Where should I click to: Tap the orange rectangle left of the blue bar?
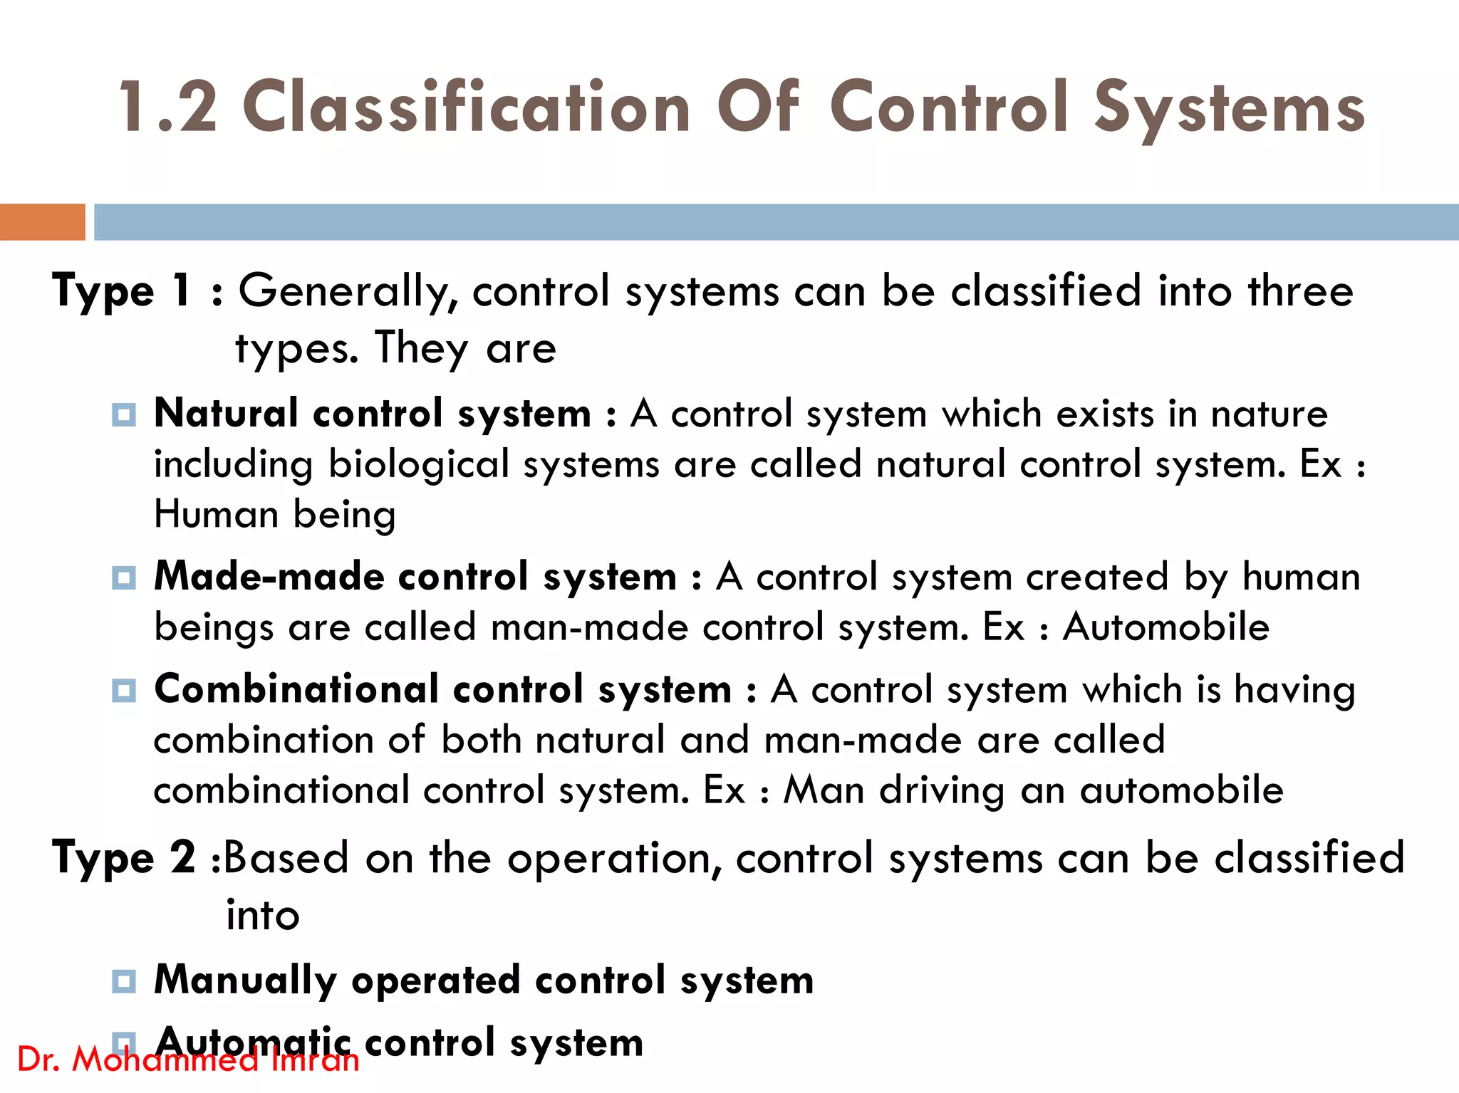pos(42,222)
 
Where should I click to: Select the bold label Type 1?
pos(122,291)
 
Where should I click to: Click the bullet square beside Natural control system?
pos(124,414)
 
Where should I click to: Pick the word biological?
pos(418,464)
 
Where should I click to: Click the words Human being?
pos(275,514)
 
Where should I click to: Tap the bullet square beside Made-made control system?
pos(124,577)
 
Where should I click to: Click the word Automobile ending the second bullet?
pos(1165,627)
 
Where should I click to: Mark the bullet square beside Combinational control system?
pos(124,690)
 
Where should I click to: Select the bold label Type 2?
pos(124,858)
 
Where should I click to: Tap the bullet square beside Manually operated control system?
pos(124,981)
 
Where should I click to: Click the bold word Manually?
pos(245,981)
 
